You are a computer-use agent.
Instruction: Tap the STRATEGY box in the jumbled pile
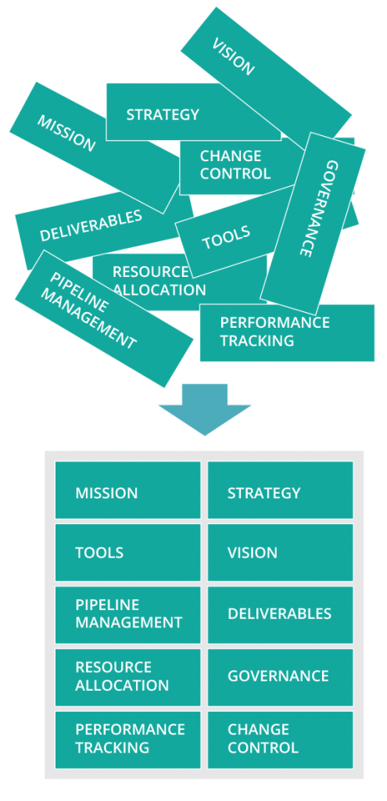(194, 112)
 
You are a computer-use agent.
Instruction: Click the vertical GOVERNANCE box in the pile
(313, 223)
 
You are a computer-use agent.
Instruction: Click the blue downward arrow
(205, 409)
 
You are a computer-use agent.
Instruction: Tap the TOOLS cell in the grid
(127, 552)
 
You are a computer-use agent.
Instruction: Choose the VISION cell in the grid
(281, 552)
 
